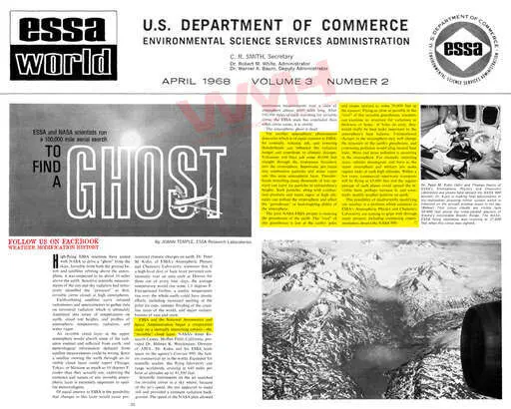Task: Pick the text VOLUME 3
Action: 293,88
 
